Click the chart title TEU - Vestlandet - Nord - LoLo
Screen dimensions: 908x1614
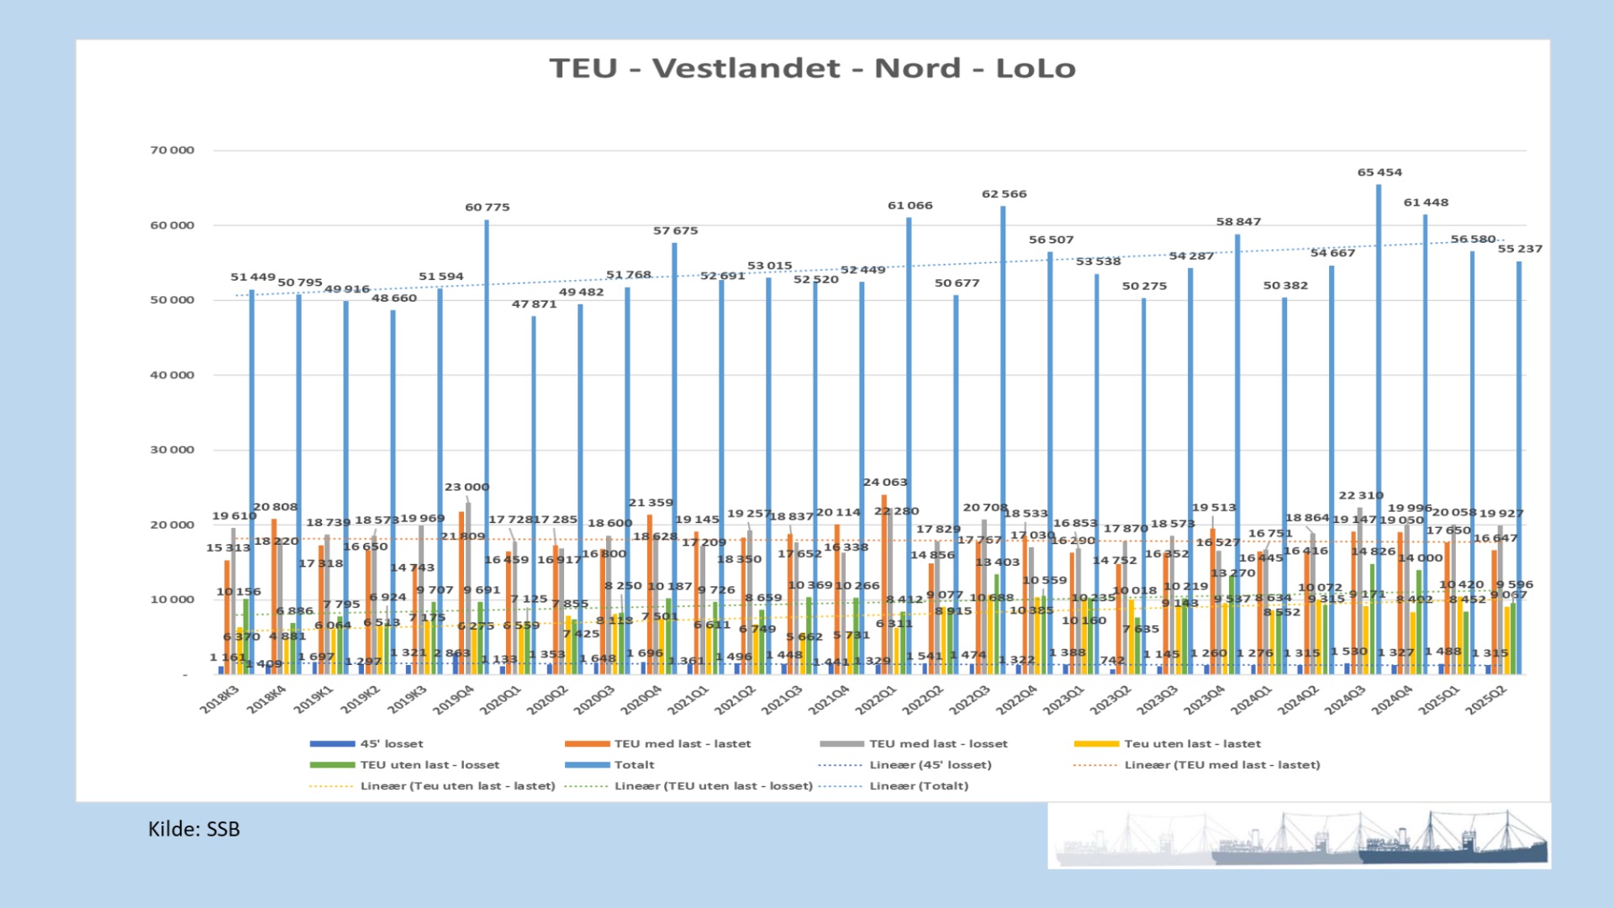812,68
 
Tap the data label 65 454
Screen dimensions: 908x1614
1379,172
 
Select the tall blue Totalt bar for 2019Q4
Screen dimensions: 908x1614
487,446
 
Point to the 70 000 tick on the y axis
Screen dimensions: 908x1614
172,150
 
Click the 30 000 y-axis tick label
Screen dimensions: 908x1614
172,450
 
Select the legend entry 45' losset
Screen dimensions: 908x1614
391,744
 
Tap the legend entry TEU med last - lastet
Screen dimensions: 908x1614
682,744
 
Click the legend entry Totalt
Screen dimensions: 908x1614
634,765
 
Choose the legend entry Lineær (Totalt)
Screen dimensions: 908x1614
918,786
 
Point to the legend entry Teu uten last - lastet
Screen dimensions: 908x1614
1192,744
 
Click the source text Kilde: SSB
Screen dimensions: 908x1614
194,829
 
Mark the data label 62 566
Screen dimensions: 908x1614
1004,194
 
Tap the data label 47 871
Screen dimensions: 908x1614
534,304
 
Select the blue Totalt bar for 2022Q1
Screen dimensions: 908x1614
909,446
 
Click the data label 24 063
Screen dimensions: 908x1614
884,483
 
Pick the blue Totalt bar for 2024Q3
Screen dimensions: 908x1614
1379,429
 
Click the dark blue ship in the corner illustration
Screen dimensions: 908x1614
1454,845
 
